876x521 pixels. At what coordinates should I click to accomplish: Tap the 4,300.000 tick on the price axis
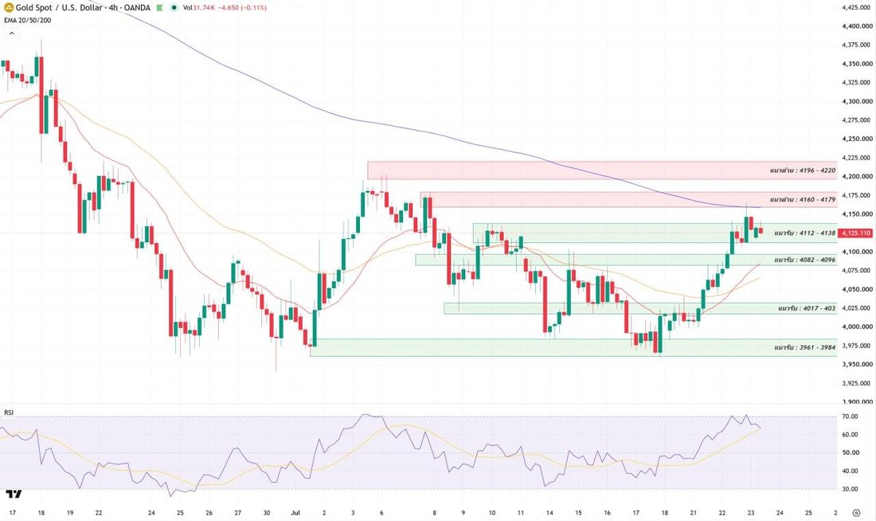857,101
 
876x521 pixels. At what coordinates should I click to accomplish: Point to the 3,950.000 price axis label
857,365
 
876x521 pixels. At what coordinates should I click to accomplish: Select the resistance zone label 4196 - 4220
802,170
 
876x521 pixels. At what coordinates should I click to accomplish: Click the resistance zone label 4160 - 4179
802,200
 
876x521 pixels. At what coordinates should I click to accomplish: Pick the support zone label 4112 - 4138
804,233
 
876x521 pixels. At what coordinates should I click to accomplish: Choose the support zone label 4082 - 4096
804,260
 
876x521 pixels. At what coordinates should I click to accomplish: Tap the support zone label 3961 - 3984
804,347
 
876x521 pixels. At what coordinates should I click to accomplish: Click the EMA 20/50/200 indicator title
27,20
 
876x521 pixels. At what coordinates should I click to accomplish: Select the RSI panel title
9,413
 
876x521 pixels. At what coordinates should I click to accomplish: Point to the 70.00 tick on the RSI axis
850,417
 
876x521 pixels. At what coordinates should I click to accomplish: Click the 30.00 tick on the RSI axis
850,489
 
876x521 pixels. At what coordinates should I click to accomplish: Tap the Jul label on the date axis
295,512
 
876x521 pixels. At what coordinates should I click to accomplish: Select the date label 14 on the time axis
549,512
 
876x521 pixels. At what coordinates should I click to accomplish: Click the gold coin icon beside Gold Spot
9,8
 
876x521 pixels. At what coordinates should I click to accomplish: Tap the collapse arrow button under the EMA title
11,33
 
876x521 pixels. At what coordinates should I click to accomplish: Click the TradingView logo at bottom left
14,494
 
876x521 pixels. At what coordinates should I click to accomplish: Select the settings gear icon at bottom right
856,512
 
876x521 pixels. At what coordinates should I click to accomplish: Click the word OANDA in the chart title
138,8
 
